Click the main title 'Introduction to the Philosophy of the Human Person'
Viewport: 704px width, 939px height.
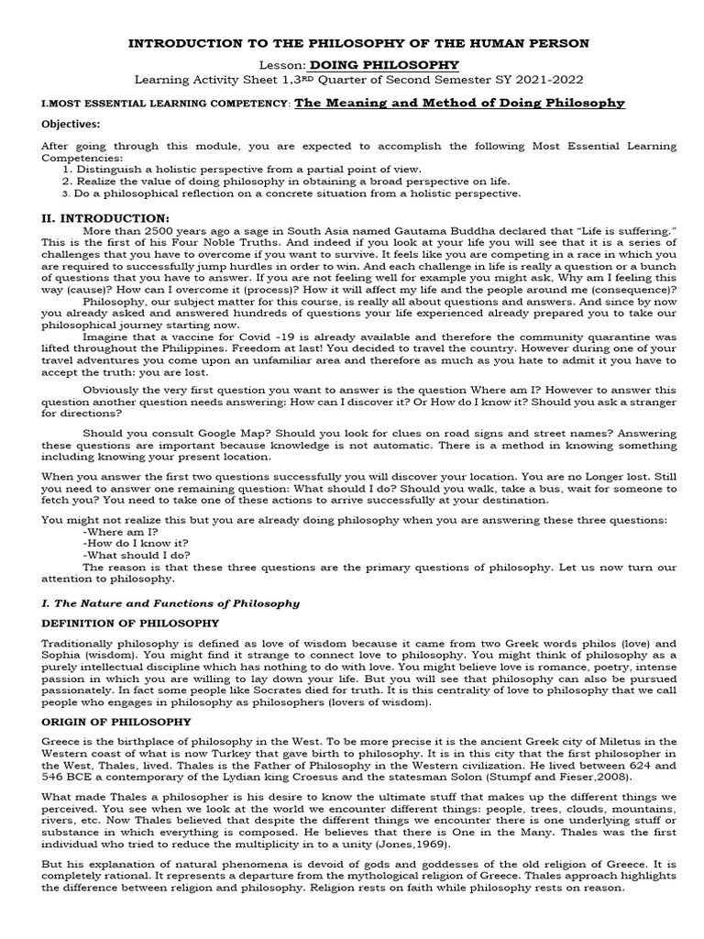(x=357, y=43)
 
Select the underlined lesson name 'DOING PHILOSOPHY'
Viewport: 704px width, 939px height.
(x=383, y=65)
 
